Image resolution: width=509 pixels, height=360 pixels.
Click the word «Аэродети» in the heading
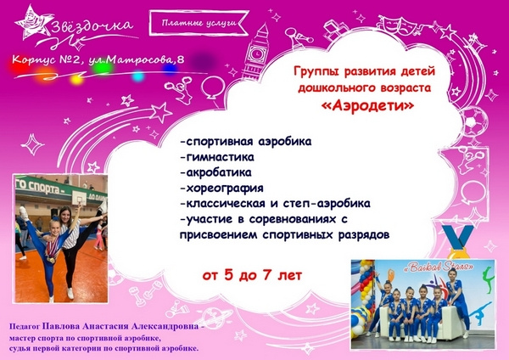367,106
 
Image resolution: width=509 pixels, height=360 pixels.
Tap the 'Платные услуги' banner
199,23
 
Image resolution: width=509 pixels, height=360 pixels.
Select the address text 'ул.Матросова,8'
137,60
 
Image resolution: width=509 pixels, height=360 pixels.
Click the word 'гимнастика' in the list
217,157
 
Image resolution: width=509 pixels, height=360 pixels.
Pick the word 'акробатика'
215,172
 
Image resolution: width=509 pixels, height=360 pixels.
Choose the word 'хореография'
221,188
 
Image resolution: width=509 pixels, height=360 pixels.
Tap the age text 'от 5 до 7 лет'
252,276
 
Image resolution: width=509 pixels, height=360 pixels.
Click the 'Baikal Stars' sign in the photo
438,267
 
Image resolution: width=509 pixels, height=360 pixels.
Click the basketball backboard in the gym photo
79,197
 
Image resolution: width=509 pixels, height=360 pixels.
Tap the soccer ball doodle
475,118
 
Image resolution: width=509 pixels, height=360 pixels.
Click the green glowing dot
103,68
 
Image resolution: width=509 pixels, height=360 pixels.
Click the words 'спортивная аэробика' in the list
246,142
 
